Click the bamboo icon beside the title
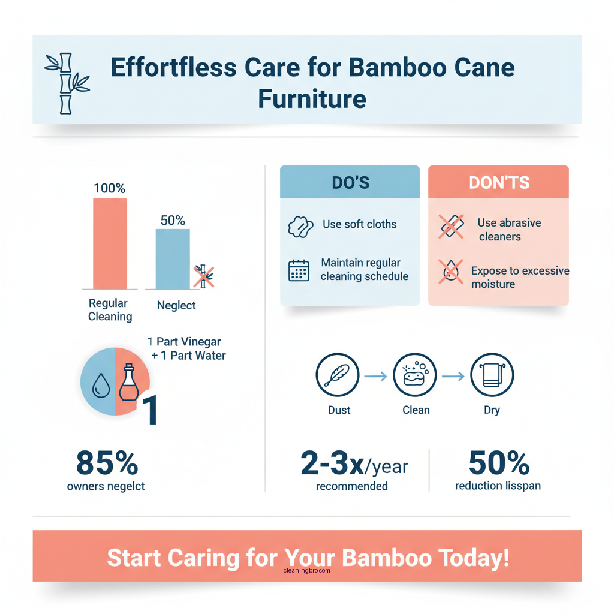click(x=66, y=83)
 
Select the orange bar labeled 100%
click(x=110, y=243)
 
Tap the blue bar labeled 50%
click(x=173, y=259)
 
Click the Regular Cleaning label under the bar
click(x=110, y=309)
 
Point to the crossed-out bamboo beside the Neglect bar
click(x=204, y=276)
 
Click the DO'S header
click(x=350, y=182)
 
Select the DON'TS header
click(x=498, y=182)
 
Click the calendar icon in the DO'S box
click(x=299, y=270)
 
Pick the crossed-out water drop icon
click(x=450, y=272)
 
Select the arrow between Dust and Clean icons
click(x=375, y=376)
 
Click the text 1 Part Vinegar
click(x=184, y=342)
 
